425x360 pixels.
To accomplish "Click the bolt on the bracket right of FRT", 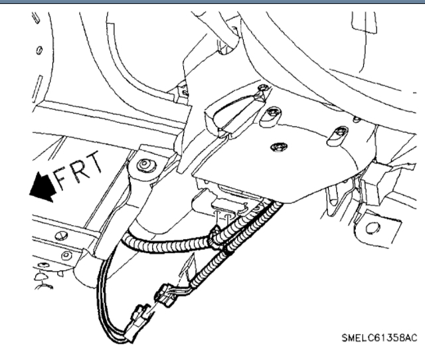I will (x=143, y=164).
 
